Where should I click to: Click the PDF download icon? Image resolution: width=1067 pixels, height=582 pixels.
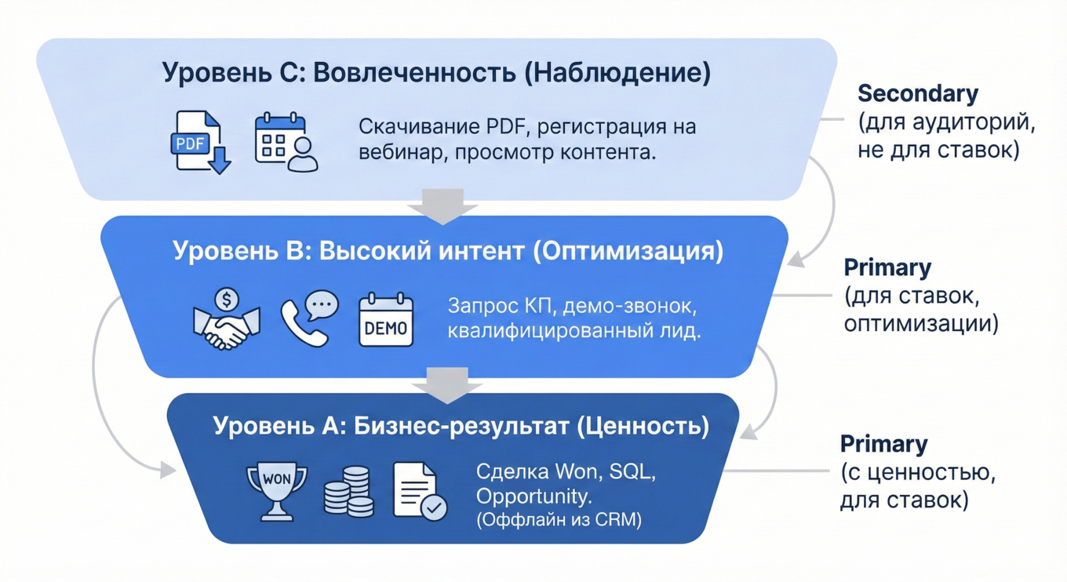(x=201, y=142)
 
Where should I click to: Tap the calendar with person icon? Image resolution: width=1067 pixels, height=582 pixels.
(x=286, y=142)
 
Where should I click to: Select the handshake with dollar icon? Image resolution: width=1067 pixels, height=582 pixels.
(x=227, y=319)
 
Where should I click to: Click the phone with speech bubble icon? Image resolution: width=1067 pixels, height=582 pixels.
(x=309, y=319)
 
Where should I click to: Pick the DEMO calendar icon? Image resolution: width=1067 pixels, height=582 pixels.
(x=385, y=320)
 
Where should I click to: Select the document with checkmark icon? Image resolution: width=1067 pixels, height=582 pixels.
(x=419, y=491)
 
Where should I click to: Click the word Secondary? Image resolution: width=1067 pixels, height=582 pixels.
(x=918, y=93)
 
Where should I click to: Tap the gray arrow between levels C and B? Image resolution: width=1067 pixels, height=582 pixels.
(x=442, y=206)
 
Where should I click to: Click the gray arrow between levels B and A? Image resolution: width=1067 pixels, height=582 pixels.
(x=446, y=384)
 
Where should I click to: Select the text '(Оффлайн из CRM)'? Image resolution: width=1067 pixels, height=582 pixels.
(x=559, y=520)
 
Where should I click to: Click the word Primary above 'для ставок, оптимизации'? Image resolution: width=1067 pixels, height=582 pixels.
(x=887, y=267)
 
